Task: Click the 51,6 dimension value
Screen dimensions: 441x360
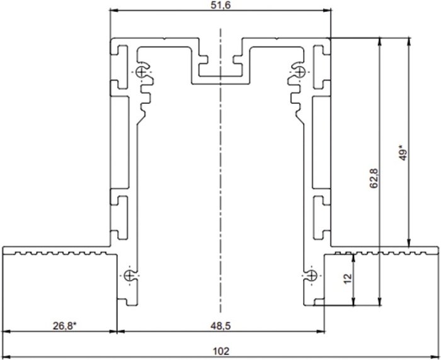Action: (x=220, y=5)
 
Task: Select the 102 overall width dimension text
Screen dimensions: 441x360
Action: (x=220, y=351)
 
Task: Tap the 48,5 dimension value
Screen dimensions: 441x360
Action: (x=220, y=326)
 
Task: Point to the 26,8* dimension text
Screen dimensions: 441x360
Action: (x=65, y=326)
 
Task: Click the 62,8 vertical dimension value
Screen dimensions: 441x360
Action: (x=375, y=178)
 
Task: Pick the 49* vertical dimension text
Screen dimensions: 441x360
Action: (x=403, y=152)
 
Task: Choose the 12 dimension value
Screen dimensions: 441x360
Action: (x=348, y=278)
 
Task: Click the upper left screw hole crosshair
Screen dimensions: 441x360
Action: (x=142, y=72)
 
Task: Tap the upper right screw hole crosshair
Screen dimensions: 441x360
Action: (x=300, y=72)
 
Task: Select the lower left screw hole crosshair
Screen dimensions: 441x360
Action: (x=130, y=276)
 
